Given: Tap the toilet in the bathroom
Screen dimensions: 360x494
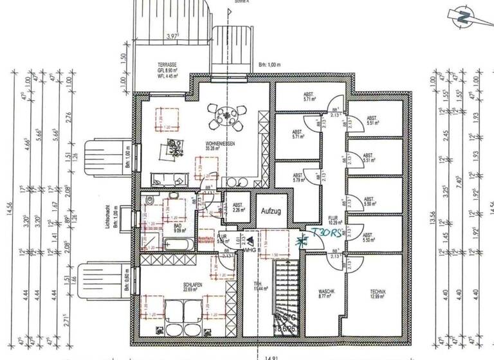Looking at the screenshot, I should coord(149,202).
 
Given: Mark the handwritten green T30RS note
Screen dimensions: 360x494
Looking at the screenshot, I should coord(327,234).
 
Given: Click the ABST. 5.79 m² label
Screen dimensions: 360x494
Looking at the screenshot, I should coord(297,178).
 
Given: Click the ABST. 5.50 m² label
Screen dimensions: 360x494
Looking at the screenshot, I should coord(368,237).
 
